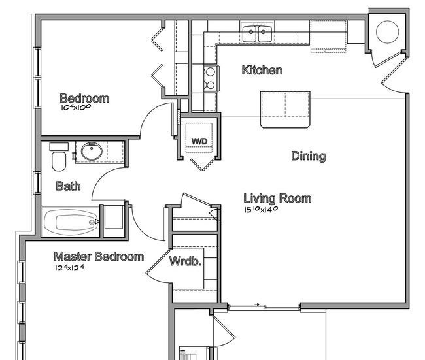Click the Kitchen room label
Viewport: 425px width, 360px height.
tap(262, 70)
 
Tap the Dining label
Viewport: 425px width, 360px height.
tap(309, 156)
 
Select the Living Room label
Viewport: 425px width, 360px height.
tap(277, 199)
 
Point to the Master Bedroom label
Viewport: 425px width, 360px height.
tap(99, 257)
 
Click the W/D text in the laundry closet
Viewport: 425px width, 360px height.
tap(199, 141)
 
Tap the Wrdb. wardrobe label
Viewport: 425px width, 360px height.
tap(186, 261)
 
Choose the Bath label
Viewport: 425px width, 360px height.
tap(68, 186)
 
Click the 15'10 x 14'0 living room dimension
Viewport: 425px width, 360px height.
tap(261, 210)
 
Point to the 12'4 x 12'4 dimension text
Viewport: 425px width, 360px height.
tap(70, 268)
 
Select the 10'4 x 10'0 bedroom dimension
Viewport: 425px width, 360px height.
tap(76, 107)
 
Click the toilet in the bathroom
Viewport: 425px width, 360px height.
tap(59, 157)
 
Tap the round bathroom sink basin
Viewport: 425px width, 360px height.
tap(92, 152)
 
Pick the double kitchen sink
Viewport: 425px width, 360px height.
tap(257, 33)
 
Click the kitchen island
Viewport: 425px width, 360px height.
tap(285, 109)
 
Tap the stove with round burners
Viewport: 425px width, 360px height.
tap(211, 78)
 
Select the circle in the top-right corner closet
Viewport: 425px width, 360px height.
tap(387, 32)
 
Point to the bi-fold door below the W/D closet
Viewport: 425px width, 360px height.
tap(203, 164)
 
